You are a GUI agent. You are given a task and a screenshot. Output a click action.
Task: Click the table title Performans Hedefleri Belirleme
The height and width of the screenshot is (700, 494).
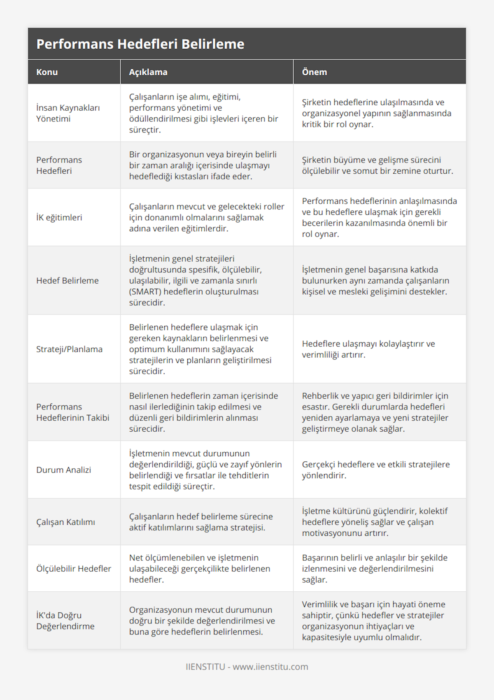click(x=140, y=44)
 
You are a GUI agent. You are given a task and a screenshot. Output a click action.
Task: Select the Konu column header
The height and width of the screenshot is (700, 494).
click(x=47, y=72)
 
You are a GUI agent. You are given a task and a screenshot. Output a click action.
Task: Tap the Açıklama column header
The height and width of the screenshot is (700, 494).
click(x=148, y=72)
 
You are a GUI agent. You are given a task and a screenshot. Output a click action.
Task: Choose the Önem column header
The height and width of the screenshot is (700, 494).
click(x=315, y=72)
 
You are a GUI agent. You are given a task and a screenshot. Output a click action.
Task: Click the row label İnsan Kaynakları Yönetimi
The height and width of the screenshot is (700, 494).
click(x=68, y=113)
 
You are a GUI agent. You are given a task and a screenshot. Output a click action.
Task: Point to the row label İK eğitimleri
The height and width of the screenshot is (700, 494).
click(x=59, y=217)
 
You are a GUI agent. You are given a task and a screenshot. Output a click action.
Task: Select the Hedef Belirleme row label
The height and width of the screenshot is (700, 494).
click(x=68, y=281)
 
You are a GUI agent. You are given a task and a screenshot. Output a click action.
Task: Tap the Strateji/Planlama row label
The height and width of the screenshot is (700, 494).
click(x=69, y=349)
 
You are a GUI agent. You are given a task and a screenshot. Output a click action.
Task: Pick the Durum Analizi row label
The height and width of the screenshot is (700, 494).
click(x=64, y=470)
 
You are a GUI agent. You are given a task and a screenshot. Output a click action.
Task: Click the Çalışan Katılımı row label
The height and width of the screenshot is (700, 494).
click(x=65, y=522)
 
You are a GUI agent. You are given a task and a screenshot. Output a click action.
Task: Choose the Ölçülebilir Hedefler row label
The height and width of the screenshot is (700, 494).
click(x=74, y=569)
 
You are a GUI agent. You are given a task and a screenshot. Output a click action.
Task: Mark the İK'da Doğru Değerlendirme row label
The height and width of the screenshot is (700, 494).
click(x=65, y=621)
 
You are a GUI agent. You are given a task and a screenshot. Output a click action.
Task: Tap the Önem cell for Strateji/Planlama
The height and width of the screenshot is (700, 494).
click(x=368, y=349)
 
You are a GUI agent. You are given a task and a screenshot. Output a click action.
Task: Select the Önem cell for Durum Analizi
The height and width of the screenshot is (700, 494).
click(x=375, y=470)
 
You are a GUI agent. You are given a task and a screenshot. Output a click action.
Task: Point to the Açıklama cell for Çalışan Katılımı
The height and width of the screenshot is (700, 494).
click(x=201, y=522)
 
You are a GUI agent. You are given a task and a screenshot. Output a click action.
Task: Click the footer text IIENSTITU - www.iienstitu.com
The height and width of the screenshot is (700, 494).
click(x=247, y=667)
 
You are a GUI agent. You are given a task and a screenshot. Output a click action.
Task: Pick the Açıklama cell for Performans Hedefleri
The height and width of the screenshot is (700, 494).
click(x=203, y=165)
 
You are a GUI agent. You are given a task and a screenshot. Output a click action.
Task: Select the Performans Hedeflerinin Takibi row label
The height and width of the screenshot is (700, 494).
click(x=73, y=412)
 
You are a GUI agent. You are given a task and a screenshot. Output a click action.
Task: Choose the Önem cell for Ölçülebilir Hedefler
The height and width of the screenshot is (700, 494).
click(x=375, y=569)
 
